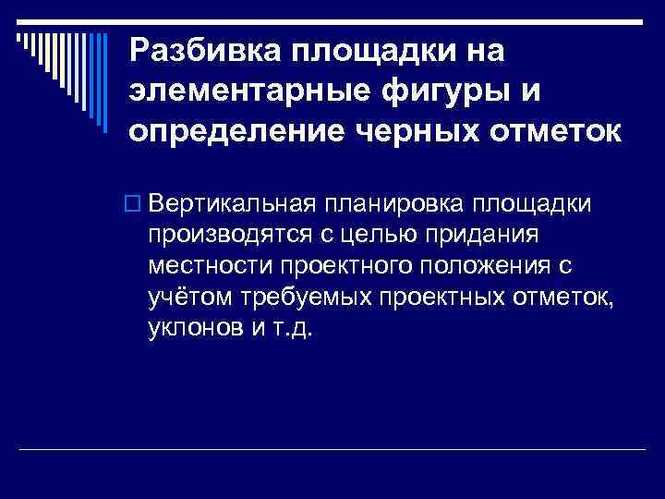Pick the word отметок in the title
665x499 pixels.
550,132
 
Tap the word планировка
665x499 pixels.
393,203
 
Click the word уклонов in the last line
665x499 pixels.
188,329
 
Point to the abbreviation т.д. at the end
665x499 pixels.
295,329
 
